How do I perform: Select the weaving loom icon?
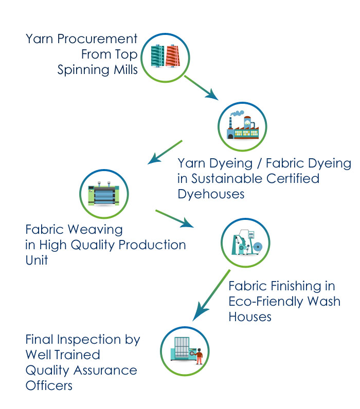[104, 194]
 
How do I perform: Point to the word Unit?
[37, 260]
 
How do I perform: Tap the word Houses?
[250, 316]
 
